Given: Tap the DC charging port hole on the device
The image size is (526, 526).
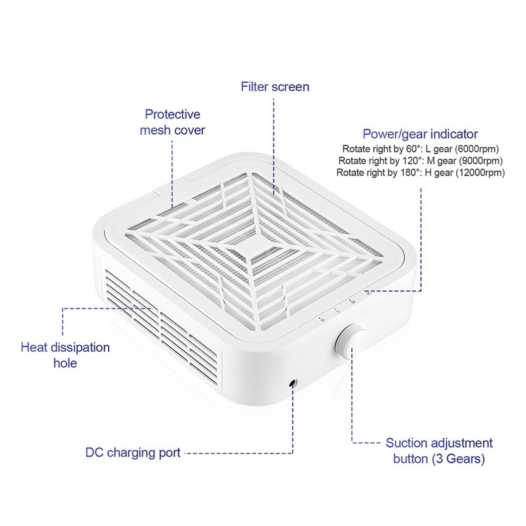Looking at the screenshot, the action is coord(294,383).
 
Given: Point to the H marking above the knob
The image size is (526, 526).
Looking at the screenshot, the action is coord(368,293).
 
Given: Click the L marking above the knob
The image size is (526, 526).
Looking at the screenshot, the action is coord(338,310).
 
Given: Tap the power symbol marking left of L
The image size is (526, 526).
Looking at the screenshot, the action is coord(322,319).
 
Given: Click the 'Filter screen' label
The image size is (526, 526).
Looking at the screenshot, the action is coord(275,87).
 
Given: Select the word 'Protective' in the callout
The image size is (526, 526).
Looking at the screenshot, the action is coord(172,114).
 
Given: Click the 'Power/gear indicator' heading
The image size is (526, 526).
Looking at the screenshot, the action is coord(420,134).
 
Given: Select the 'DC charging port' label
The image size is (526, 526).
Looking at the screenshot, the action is coord(133,452).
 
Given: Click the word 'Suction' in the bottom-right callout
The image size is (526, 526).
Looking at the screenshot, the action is coord(406,442).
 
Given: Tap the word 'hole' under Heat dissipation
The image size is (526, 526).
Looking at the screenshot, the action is coord(65,363).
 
